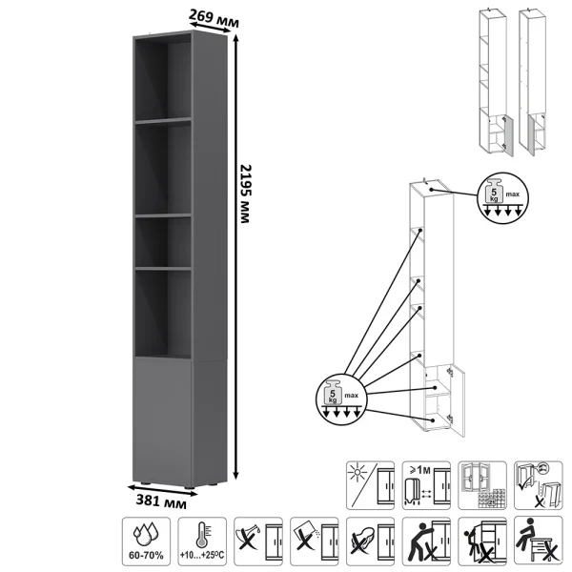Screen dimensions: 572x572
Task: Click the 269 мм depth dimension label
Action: [x=214, y=18]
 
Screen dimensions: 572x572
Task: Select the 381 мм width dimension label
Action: [x=161, y=501]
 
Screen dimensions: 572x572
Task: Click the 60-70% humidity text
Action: [x=146, y=556]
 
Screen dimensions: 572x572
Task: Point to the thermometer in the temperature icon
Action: [x=202, y=535]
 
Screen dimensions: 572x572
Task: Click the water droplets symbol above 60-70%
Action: [x=146, y=535]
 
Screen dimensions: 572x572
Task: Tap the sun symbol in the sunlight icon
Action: [x=357, y=473]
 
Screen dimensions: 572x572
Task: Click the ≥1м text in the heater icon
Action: [x=420, y=470]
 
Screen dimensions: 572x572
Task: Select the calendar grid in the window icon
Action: [x=492, y=499]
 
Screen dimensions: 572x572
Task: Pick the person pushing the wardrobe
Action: [x=419, y=541]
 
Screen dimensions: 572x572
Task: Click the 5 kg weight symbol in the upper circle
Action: [x=494, y=192]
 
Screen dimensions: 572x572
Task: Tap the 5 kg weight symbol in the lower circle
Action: [x=333, y=393]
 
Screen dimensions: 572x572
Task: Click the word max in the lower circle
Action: [x=351, y=395]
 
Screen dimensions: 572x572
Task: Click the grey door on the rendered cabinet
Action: [x=162, y=421]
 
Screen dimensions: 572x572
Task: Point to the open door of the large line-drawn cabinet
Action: [x=458, y=400]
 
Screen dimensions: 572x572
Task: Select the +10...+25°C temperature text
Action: [x=202, y=556]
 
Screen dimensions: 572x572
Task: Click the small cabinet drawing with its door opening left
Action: [x=532, y=82]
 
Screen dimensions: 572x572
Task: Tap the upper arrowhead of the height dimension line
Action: [x=235, y=38]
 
